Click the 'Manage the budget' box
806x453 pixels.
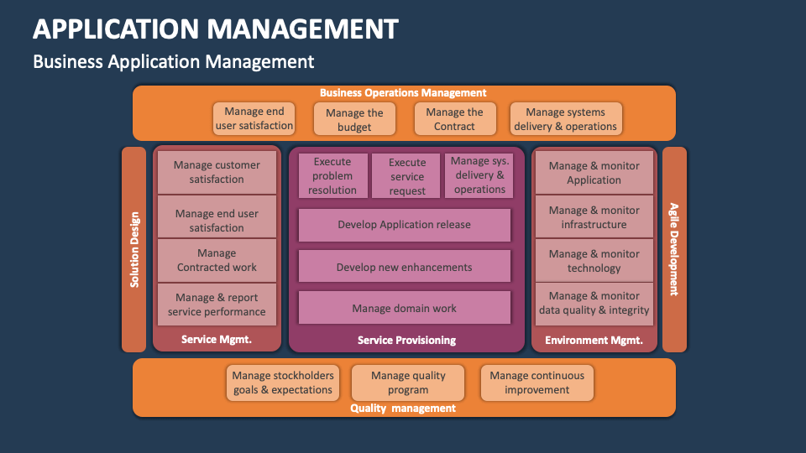click(354, 119)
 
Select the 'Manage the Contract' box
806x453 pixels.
click(454, 119)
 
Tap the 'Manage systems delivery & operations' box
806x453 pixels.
click(565, 119)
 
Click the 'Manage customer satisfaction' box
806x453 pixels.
click(217, 172)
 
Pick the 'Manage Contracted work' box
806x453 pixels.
click(217, 260)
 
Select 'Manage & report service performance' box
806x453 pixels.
click(217, 305)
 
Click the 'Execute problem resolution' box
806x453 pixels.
click(332, 175)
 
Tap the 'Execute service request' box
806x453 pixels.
click(406, 176)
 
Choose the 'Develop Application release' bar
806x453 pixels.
click(404, 225)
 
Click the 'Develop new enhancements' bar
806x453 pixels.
click(404, 267)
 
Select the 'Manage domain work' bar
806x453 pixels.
click(404, 308)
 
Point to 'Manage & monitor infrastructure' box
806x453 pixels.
click(594, 217)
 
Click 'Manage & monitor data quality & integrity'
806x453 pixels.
click(594, 303)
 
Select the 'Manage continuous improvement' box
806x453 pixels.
click(536, 383)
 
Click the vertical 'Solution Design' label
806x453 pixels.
click(134, 249)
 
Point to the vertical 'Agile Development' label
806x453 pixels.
click(673, 249)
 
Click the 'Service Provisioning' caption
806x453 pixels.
click(406, 340)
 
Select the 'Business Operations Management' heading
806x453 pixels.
click(403, 93)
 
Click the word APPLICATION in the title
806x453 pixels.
click(116, 29)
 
